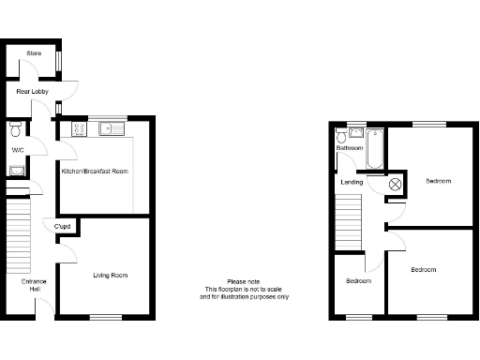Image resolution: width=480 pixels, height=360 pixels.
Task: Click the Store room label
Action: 34,53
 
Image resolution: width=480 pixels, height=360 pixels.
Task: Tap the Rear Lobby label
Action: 33,91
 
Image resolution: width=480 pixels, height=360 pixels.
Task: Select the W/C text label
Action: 18,150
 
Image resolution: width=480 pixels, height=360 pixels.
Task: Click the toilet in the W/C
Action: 15,128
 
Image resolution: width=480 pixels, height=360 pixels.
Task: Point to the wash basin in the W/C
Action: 16,170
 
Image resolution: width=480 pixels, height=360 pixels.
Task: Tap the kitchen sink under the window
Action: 111,130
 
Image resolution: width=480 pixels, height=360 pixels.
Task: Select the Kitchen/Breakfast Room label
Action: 95,172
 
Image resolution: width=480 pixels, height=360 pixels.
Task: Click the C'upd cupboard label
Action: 64,227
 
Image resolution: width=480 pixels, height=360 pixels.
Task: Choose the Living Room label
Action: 110,276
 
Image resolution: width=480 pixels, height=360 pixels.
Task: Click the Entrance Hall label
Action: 34,285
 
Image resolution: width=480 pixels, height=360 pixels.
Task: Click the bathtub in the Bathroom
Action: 375,148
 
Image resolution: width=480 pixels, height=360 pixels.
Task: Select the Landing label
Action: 352,182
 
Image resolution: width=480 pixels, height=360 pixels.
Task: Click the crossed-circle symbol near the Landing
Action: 395,185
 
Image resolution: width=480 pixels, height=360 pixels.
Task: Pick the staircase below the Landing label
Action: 349,224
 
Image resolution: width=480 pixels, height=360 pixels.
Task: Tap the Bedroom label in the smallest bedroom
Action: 358,281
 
